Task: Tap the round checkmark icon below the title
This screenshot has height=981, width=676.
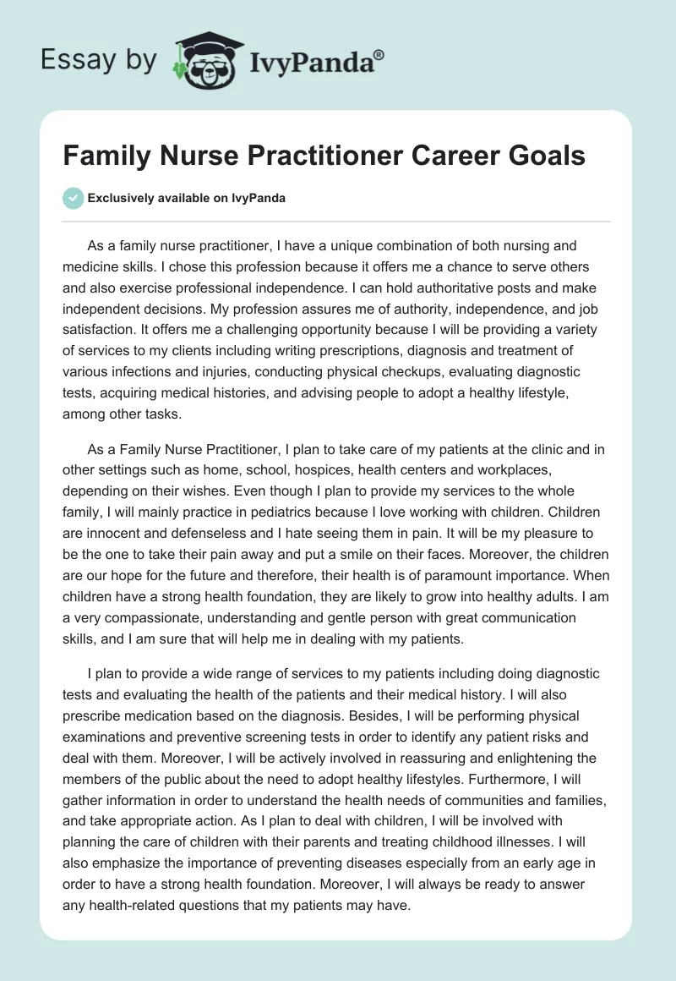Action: (73, 198)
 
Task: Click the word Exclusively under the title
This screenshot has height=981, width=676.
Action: (123, 199)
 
